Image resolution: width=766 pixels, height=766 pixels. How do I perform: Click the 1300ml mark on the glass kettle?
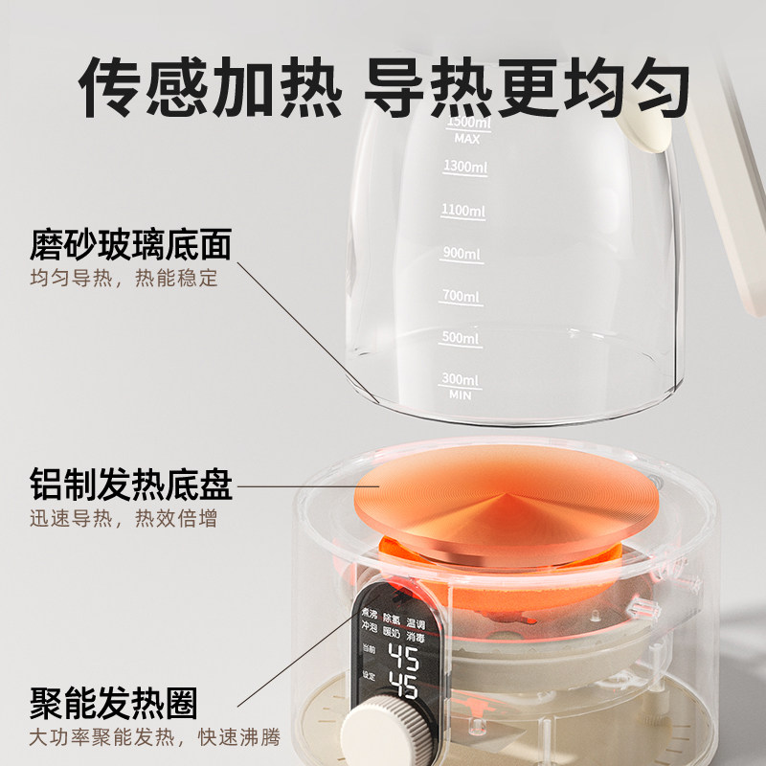464,168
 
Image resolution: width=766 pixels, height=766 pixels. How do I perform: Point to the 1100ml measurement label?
464,211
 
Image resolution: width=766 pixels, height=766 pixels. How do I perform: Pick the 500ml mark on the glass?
460,339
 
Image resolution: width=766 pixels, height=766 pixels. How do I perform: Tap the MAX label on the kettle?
466,138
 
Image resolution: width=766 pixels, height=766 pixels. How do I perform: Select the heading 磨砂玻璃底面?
131,246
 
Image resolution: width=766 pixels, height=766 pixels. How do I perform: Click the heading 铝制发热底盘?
131,486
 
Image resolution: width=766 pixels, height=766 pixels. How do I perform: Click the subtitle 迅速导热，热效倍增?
123,520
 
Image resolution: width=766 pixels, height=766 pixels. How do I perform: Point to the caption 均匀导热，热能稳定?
123,280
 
